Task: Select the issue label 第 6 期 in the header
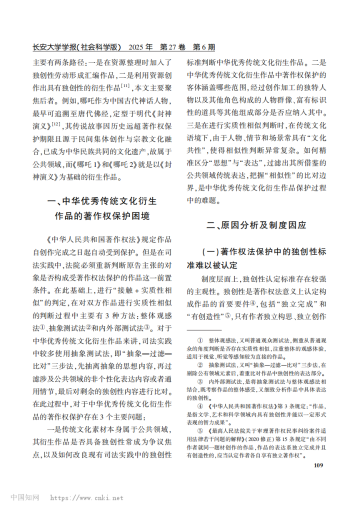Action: [201, 48]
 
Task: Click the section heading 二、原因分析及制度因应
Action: [256, 225]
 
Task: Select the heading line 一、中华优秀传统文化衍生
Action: [101, 201]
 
